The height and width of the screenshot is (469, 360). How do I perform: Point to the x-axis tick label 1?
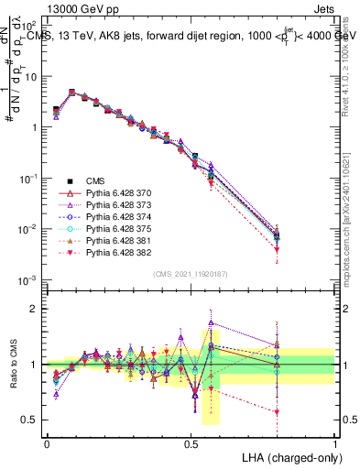334,442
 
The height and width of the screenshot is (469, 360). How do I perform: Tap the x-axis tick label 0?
47,442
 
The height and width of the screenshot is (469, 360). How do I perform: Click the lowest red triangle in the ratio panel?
276,412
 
